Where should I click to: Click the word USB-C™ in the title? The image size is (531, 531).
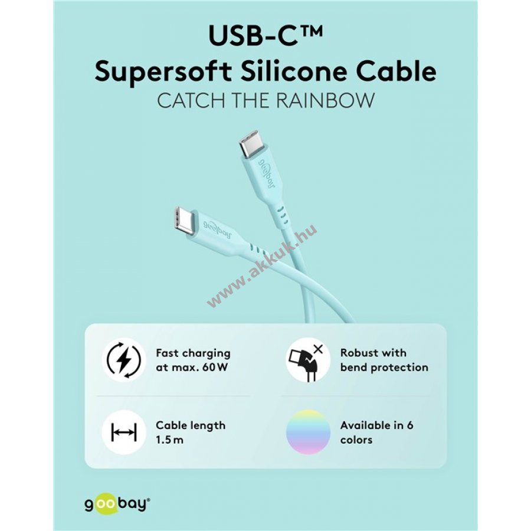point(265,36)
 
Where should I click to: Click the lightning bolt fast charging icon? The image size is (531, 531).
point(123,360)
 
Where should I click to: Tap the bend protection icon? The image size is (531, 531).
point(308,360)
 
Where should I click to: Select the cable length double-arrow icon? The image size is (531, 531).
point(123,432)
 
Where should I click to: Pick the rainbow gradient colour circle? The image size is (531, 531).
point(308,432)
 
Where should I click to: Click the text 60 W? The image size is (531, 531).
point(217,368)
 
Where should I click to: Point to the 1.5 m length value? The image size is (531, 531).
point(171,440)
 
